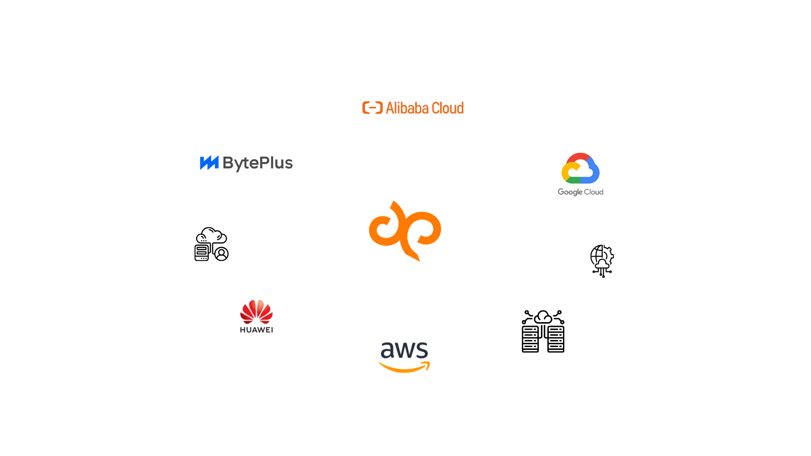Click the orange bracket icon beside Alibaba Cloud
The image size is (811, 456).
(372, 108)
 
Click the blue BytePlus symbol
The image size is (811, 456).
(209, 163)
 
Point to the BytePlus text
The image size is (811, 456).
(258, 163)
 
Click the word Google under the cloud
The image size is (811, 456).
(570, 192)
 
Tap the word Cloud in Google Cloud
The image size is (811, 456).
(593, 192)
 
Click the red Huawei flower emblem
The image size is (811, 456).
(256, 312)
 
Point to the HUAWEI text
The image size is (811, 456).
(256, 330)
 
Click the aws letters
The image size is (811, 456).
(404, 350)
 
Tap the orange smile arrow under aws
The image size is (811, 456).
(404, 367)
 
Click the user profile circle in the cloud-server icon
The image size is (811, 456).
(221, 254)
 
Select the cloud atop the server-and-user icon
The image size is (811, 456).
(212, 235)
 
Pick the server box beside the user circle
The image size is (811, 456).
(202, 252)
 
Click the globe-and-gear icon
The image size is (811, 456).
(602, 261)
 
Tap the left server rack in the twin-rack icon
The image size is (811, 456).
(530, 339)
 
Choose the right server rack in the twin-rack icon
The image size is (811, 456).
(556, 339)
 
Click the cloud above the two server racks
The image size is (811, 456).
(543, 317)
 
